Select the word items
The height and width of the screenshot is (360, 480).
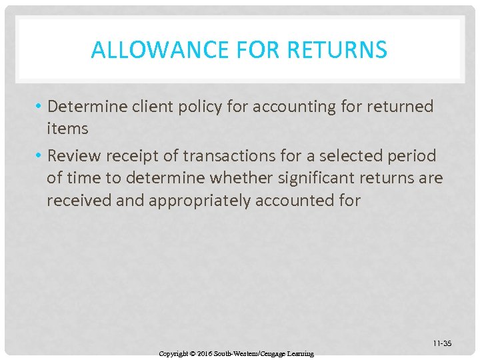(67, 128)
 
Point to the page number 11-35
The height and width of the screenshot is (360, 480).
(442, 343)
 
